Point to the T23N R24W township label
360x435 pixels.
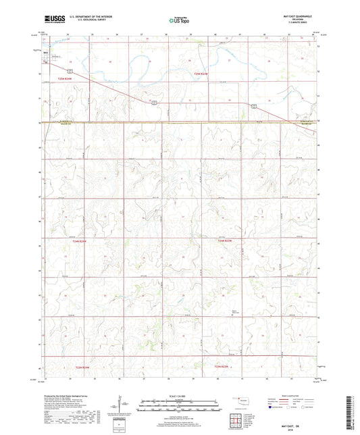pos(80,367)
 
